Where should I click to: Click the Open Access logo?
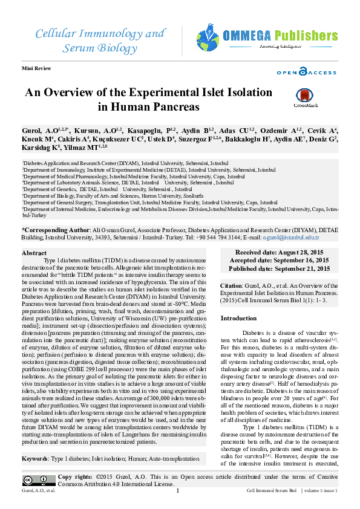(306, 73)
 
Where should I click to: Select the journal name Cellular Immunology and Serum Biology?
(99, 39)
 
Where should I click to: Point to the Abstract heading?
(34, 253)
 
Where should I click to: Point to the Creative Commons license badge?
(36, 481)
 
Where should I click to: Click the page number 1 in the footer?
(177, 490)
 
